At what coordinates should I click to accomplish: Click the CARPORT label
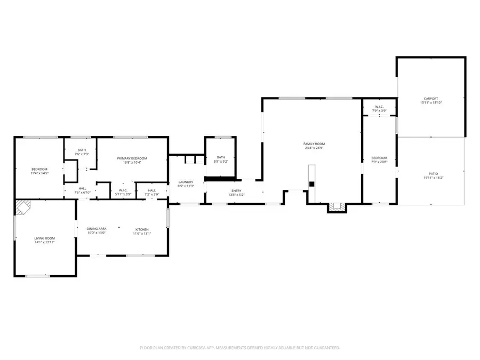(431, 99)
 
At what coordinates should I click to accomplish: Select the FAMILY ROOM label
(314, 144)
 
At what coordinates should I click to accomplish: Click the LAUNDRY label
(186, 182)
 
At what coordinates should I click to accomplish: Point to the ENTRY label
(236, 190)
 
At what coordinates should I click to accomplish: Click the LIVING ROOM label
(45, 238)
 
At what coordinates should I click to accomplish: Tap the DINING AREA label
(97, 229)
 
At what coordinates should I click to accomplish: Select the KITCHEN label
(142, 229)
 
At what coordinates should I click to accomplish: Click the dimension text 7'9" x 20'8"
(379, 162)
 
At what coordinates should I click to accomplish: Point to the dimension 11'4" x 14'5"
(39, 173)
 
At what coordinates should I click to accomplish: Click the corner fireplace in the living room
(23, 207)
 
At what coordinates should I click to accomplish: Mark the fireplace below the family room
(335, 207)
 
